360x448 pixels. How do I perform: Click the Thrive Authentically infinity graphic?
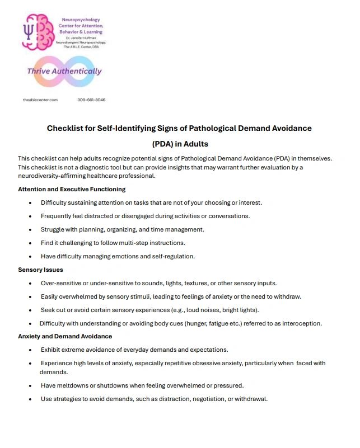coord(64,72)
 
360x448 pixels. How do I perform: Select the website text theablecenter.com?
coord(40,100)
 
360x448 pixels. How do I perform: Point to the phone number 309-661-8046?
coord(91,100)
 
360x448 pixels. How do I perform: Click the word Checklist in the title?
coord(66,128)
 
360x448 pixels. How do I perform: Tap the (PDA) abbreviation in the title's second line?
coord(165,143)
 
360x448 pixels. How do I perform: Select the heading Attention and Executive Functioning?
coord(72,189)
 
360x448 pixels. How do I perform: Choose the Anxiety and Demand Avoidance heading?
coord(65,336)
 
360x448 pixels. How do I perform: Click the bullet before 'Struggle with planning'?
coord(30,230)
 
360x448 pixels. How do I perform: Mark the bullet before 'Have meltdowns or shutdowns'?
coord(30,386)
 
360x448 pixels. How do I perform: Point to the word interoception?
coord(301,323)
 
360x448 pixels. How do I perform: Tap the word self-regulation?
coord(169,256)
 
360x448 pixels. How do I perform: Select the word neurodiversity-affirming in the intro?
coord(55,176)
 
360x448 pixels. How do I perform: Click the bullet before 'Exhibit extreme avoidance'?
coord(30,350)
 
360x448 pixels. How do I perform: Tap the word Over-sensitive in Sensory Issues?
coord(62,283)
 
